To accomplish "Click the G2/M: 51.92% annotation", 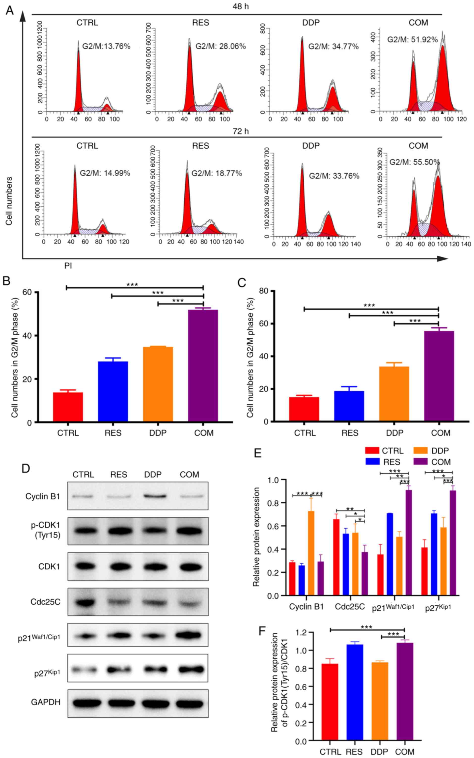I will (412, 40).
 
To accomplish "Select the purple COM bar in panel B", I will (203, 365).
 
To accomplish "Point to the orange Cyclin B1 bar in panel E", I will (311, 553).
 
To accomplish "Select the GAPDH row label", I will (46, 702).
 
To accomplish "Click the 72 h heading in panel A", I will (240, 131).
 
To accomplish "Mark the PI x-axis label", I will (68, 266).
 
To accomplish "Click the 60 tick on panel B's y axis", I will (27, 292).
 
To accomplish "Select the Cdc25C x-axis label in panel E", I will (350, 607).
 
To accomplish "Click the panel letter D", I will (26, 468).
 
